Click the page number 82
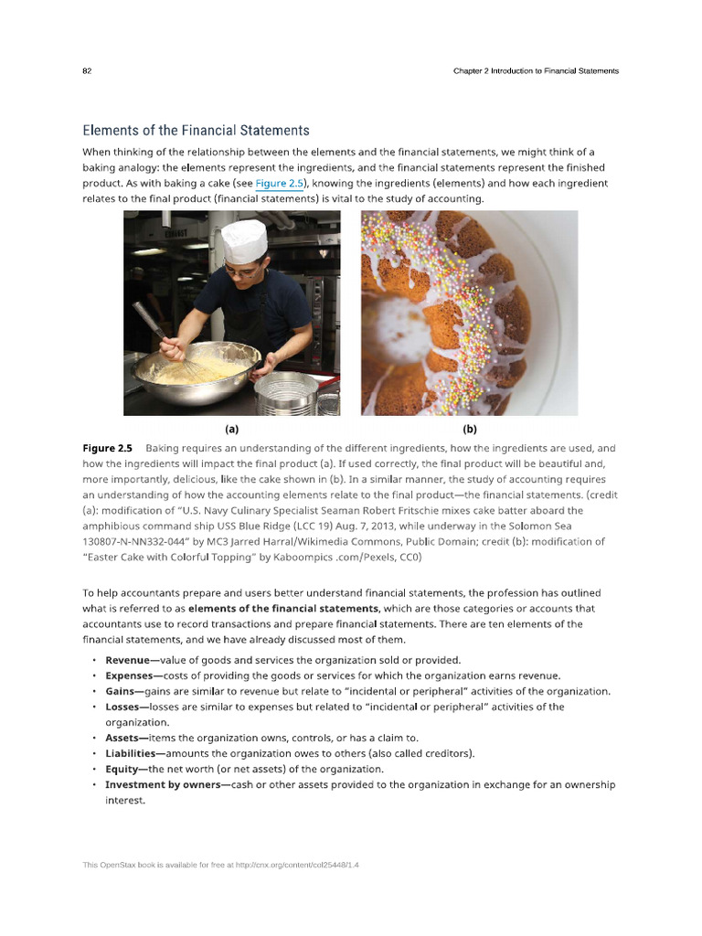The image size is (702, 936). click(87, 71)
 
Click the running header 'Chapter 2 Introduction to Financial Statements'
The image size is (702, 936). click(536, 71)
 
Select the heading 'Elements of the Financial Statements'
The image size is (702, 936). click(196, 131)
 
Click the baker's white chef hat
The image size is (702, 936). click(244, 238)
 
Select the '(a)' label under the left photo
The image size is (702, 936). click(231, 428)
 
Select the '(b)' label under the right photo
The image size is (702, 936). click(470, 428)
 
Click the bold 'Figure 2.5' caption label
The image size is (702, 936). click(107, 449)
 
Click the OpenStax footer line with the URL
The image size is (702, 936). click(220, 864)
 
